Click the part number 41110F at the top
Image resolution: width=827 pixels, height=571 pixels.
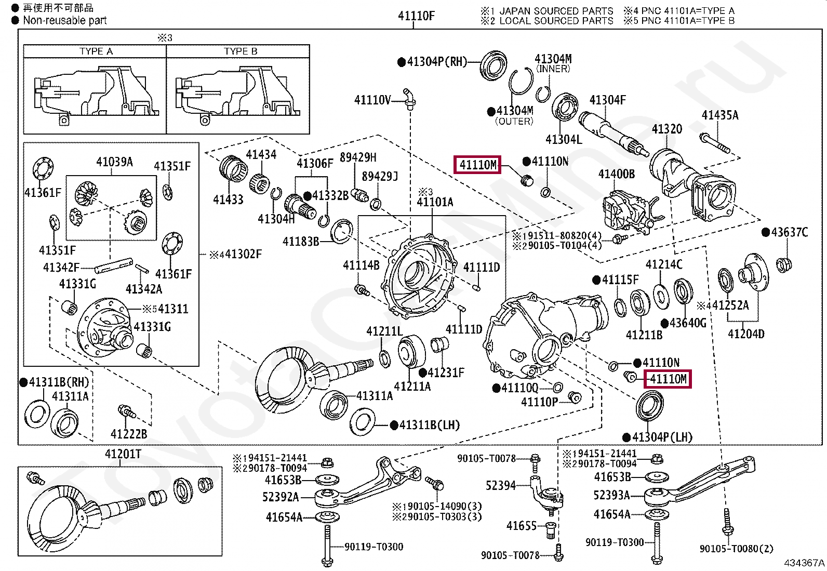tap(416, 16)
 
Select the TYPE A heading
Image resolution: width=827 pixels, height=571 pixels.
tap(96, 51)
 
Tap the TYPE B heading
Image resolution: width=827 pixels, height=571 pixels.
tap(241, 51)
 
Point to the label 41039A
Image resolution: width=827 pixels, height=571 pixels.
tap(114, 162)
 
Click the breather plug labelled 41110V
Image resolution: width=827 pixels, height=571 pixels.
tap(409, 99)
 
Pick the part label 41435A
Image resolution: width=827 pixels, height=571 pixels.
tap(720, 115)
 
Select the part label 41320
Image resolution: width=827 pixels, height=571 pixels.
tap(667, 129)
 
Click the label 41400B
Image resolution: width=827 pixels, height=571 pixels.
tap(617, 174)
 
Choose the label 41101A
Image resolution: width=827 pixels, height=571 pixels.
tap(435, 202)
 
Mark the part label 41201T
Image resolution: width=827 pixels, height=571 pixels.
tap(123, 454)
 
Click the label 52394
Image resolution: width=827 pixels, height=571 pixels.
tap(501, 485)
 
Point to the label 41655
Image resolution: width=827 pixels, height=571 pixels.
tap(522, 526)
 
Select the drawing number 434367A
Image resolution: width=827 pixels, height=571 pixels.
tap(804, 563)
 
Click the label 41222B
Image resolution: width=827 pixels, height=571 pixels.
tap(129, 434)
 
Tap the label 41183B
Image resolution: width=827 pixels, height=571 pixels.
tap(301, 242)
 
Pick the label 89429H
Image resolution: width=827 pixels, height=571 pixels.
tap(358, 157)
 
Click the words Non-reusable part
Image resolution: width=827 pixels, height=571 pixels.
tap(64, 20)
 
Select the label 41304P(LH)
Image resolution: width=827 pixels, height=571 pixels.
tap(662, 437)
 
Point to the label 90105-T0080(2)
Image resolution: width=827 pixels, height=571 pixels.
tap(736, 549)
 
